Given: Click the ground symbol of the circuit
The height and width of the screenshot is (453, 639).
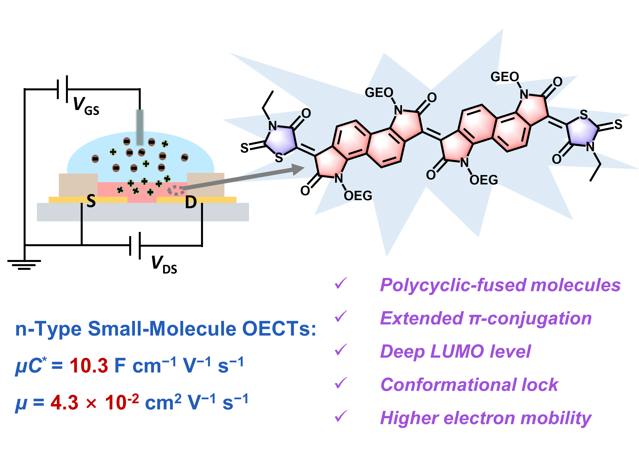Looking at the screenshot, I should pyautogui.click(x=24, y=264).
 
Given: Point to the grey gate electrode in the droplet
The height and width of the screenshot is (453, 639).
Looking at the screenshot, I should pyautogui.click(x=140, y=127).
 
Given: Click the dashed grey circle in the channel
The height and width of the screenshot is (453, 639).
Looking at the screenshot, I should pyautogui.click(x=176, y=191).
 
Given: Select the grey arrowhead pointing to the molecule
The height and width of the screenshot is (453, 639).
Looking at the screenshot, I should pyautogui.click(x=298, y=169).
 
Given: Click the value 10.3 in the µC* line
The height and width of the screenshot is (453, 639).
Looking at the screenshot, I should pyautogui.click(x=89, y=365).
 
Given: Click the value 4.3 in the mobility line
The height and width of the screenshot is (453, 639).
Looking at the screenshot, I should pyautogui.click(x=64, y=403).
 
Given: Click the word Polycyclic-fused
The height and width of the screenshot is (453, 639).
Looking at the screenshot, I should pyautogui.click(x=454, y=285).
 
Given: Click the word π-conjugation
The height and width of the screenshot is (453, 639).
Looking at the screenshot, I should pyautogui.click(x=530, y=318).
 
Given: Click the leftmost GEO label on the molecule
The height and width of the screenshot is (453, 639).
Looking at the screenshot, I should pyautogui.click(x=379, y=93).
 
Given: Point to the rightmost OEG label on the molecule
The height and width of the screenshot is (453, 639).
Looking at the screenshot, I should pyautogui.click(x=484, y=180).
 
